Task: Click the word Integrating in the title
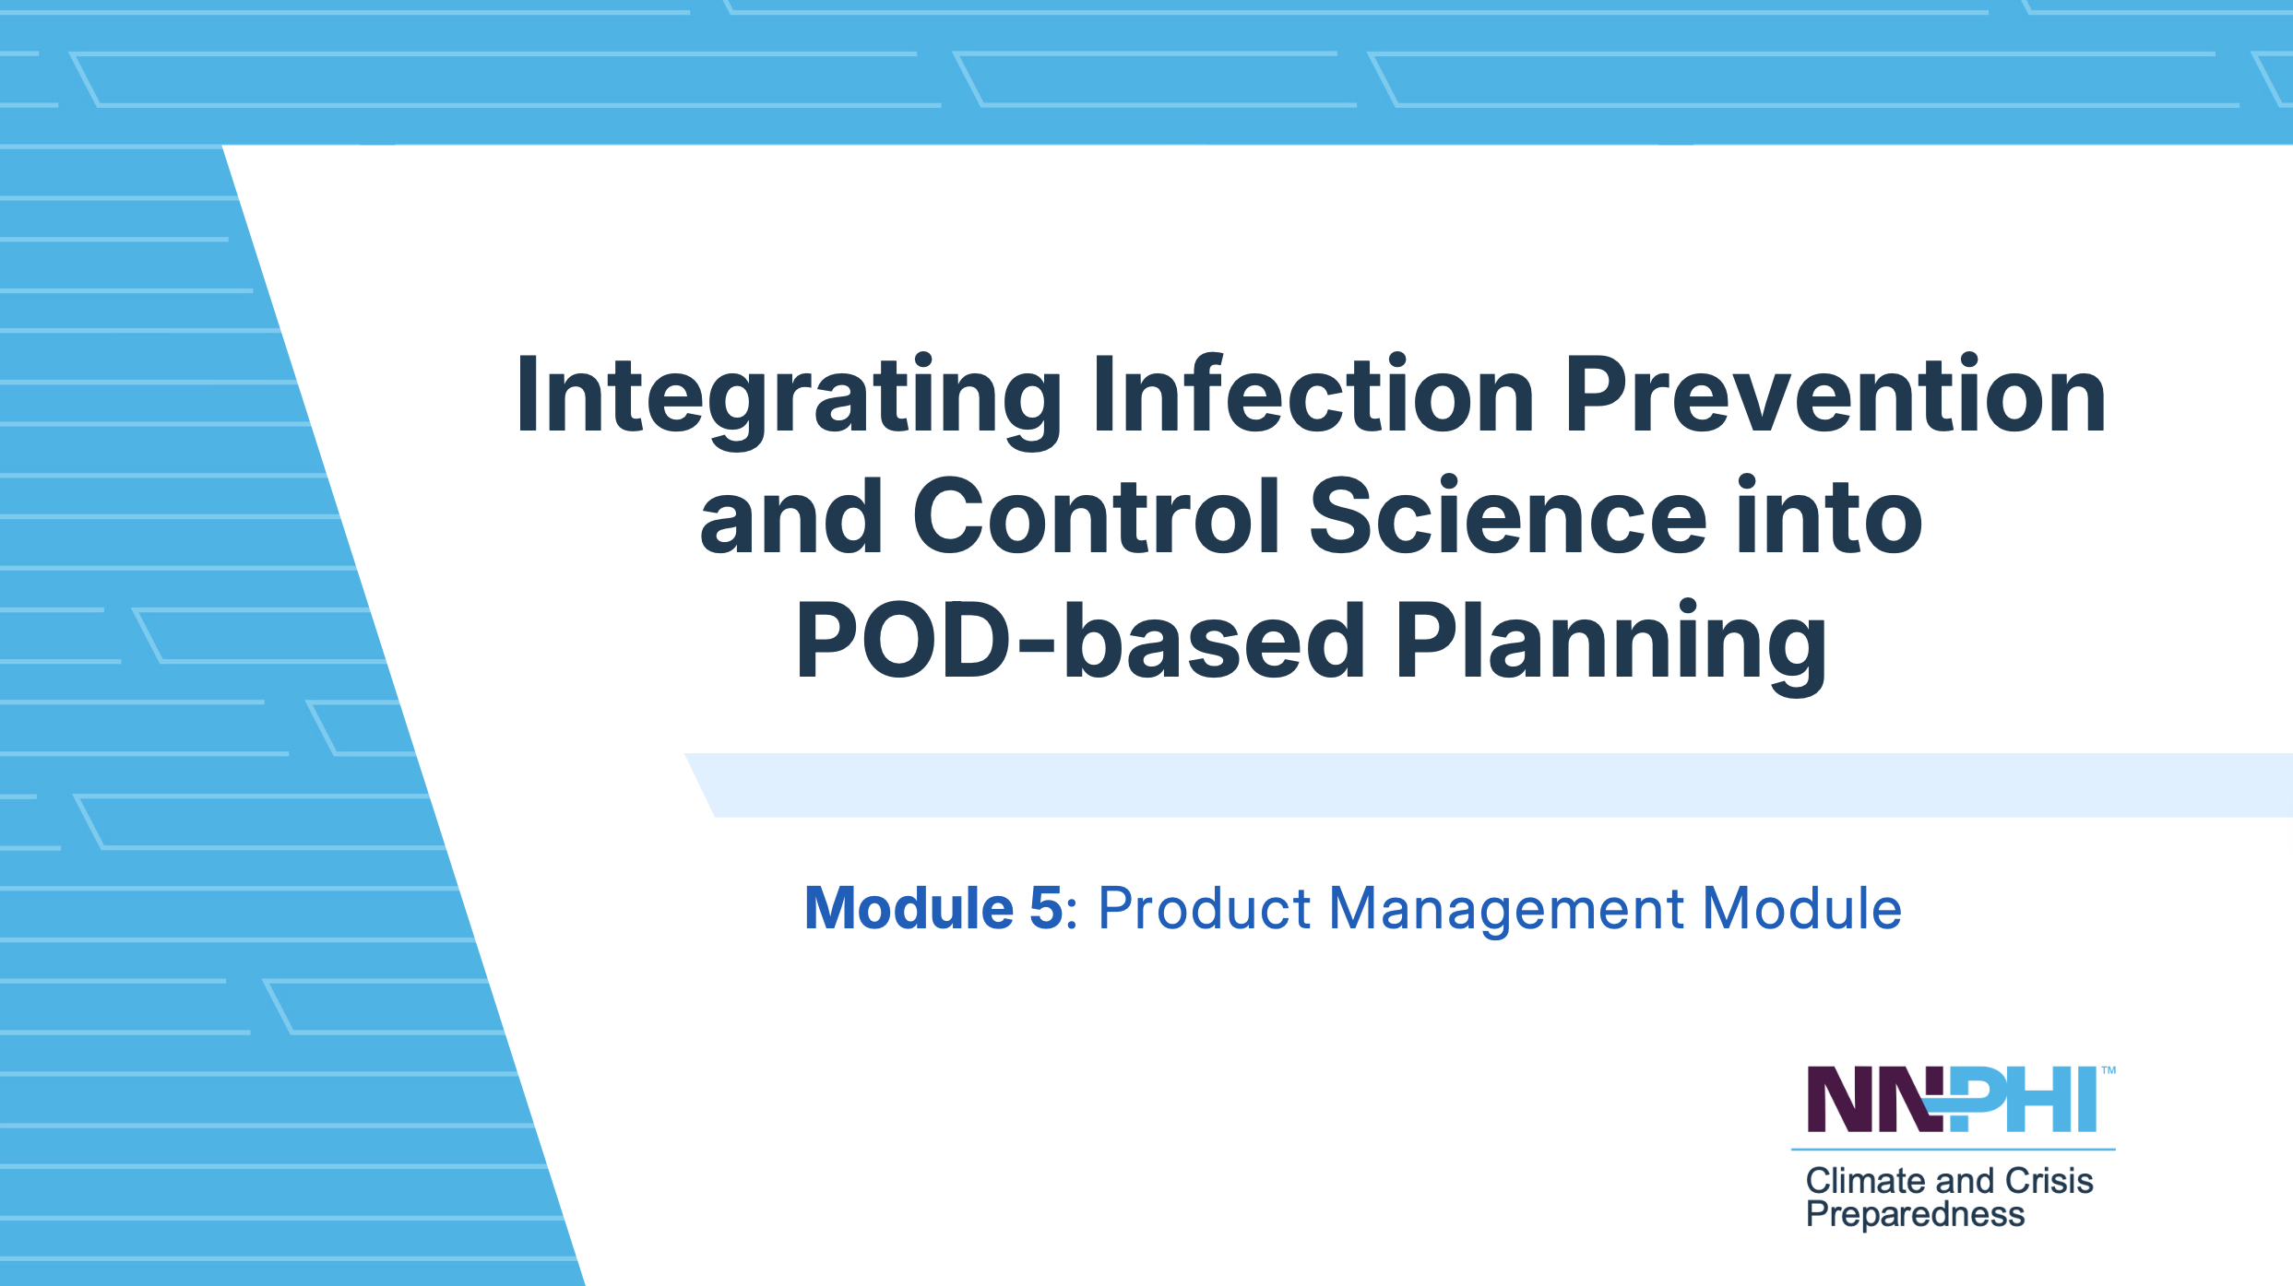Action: click(x=790, y=400)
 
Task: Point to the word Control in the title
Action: click(x=1095, y=516)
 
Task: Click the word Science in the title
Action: click(x=1508, y=516)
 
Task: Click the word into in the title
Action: click(x=1830, y=516)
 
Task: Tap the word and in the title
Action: click(x=791, y=516)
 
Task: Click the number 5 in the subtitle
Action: click(x=1046, y=908)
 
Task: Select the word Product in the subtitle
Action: click(x=1204, y=908)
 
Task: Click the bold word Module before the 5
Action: click(x=909, y=908)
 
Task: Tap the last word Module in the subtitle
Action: click(x=1802, y=908)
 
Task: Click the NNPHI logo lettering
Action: click(x=1952, y=1099)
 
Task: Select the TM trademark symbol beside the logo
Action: click(x=2109, y=1070)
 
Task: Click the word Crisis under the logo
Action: click(x=2049, y=1181)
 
